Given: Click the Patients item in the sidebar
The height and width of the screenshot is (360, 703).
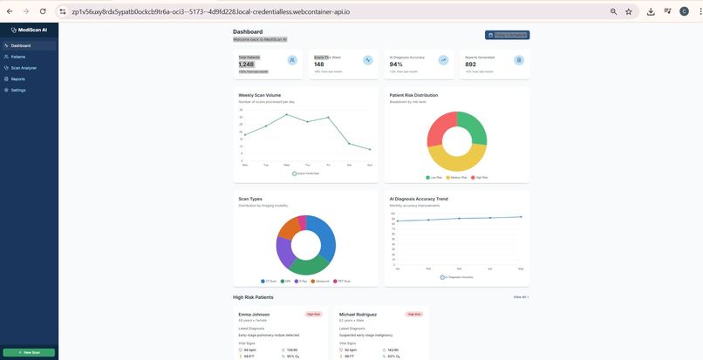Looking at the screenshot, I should [18, 57].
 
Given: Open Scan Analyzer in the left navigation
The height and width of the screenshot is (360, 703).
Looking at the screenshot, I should [24, 68].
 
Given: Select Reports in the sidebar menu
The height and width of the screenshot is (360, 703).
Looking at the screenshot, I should [18, 79].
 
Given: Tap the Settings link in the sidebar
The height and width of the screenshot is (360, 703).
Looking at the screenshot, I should [18, 91].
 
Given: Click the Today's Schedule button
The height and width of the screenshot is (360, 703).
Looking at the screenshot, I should [507, 35].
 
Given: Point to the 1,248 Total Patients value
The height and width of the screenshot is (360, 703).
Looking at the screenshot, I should [247, 65].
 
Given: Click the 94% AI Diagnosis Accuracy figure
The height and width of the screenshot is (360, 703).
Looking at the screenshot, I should [396, 65].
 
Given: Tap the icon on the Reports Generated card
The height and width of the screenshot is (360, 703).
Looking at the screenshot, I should [519, 60].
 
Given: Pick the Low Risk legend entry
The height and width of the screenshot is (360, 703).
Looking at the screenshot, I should [433, 178].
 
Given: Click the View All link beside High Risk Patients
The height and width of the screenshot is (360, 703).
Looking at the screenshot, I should [520, 297].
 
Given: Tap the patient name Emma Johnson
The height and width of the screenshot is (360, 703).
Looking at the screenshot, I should [254, 314].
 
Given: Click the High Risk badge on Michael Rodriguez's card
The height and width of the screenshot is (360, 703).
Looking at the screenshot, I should [414, 314].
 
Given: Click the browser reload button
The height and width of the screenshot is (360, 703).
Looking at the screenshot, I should [44, 11].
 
